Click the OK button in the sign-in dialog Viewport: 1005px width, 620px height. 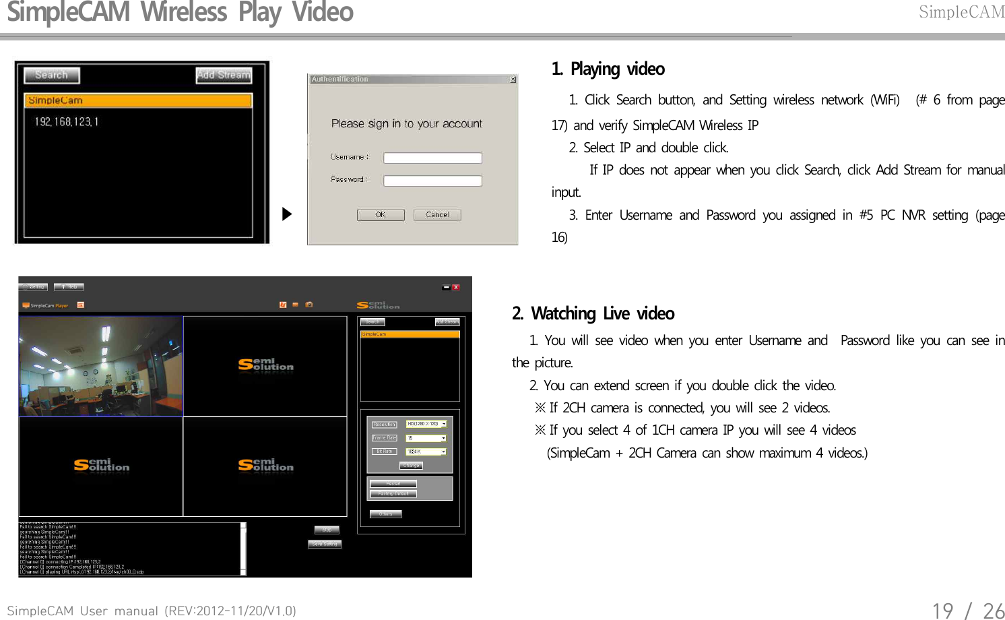[x=381, y=215]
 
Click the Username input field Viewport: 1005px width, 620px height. [x=432, y=158]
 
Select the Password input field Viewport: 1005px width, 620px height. [x=432, y=181]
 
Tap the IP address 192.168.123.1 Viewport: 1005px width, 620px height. [x=67, y=122]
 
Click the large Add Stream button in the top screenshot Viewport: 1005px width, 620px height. [x=224, y=75]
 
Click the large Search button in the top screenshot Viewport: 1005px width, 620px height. [x=52, y=75]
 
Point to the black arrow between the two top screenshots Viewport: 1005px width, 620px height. [x=287, y=214]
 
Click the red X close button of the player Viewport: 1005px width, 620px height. [x=456, y=287]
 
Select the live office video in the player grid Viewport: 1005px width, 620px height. [x=101, y=366]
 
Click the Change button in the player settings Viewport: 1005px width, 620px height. [x=411, y=466]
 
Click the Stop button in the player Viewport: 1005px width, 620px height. [x=327, y=530]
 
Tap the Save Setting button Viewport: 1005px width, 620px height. [x=325, y=544]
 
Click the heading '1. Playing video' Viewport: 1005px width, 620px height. [x=608, y=69]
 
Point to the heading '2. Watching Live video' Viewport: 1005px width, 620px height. [x=593, y=314]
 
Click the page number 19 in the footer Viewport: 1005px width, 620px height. [x=942, y=611]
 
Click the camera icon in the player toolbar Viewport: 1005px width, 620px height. [x=309, y=305]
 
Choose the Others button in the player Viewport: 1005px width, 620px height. [x=385, y=514]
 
